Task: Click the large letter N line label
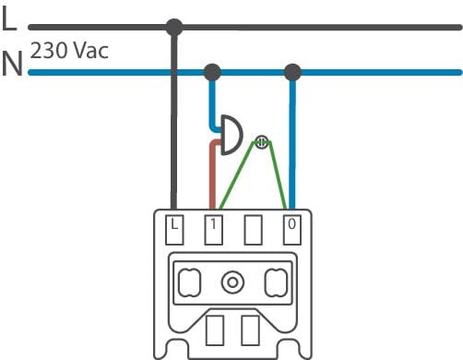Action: (12, 64)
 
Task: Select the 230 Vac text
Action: (69, 51)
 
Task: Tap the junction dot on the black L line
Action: (174, 27)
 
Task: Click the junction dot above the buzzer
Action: (212, 72)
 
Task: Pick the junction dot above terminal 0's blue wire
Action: (292, 72)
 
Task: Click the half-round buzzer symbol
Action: (231, 135)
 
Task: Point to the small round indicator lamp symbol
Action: (262, 142)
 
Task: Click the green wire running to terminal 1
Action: (237, 175)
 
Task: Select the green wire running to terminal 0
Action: (279, 175)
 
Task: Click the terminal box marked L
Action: (174, 230)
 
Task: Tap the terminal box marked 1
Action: (213, 230)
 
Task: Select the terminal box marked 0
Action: (291, 230)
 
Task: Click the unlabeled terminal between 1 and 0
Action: (253, 230)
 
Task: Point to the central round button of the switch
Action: (232, 282)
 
